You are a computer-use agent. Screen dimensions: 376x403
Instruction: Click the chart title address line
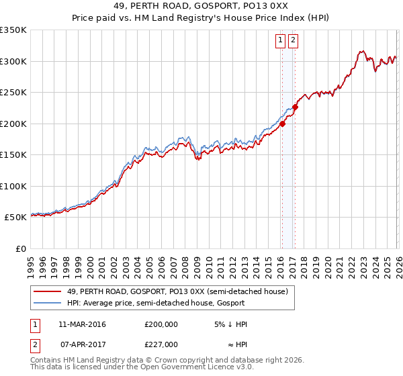click(x=201, y=6)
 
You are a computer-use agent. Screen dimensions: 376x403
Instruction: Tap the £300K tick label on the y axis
click(x=13, y=61)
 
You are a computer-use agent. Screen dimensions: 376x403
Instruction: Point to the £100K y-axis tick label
click(x=13, y=186)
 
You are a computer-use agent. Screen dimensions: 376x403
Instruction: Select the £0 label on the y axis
click(x=20, y=248)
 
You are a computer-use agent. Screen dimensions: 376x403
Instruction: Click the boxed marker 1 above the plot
click(x=280, y=40)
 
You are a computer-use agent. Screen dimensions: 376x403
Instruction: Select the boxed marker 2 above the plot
click(x=294, y=40)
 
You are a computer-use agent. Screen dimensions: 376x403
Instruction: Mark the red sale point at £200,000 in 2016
click(x=282, y=124)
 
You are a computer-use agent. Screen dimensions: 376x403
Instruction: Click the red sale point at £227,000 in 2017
click(x=295, y=107)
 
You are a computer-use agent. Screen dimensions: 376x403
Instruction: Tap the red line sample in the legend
click(x=48, y=291)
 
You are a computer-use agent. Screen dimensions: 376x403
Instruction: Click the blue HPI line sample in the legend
click(x=48, y=303)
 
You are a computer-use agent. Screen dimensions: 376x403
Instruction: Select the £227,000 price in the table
click(x=161, y=344)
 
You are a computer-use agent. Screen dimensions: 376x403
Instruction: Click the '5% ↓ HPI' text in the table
click(x=232, y=324)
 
